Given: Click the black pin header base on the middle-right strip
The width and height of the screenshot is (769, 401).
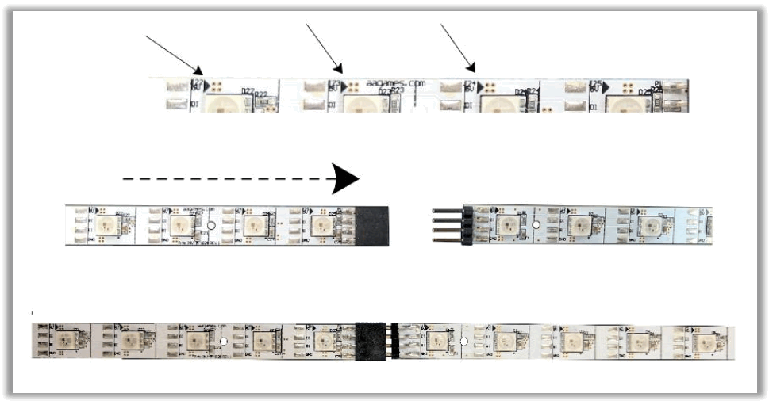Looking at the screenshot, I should [x=468, y=225].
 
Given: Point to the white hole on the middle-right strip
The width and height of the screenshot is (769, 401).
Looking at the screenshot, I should [x=536, y=226].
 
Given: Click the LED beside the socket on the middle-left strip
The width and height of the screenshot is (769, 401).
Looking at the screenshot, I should [x=322, y=226].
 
